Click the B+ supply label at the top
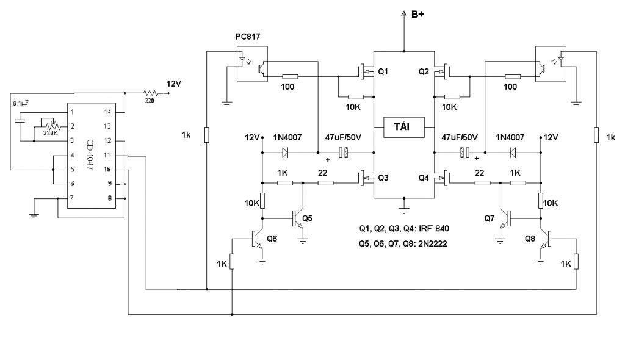418,14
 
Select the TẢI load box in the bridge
403,127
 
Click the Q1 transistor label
383,72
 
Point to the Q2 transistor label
424,72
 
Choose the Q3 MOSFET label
383,178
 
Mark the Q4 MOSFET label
424,178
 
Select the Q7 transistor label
490,218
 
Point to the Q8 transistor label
530,238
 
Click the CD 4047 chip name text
90,155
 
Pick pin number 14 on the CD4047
107,112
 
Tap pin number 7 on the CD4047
73,198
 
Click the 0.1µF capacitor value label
21,104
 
